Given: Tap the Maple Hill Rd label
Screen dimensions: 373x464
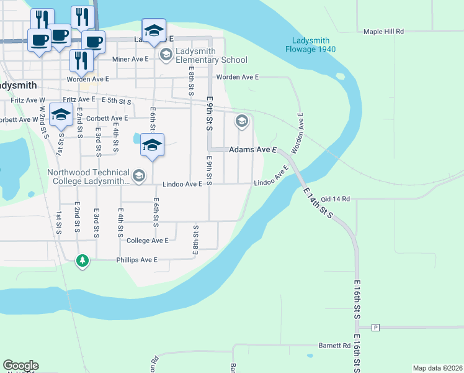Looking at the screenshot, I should tap(383, 31).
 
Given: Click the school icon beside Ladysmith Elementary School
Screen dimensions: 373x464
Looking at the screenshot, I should tap(166, 55).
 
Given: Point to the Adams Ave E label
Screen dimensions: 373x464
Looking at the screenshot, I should tap(252, 150).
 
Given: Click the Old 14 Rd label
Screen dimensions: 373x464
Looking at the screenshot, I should tap(336, 199).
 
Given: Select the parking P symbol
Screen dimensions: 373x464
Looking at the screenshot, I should tap(375, 327).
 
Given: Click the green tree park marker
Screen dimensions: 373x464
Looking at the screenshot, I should tap(82, 260).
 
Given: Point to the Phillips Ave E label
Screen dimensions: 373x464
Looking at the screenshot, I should tap(136, 259).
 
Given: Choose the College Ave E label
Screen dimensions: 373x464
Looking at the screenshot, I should tap(147, 241).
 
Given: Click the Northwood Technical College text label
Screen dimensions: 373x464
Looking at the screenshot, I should tap(89, 177).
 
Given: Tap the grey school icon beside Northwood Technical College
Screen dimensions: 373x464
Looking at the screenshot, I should tap(138, 177).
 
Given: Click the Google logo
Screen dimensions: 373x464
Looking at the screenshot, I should tap(20, 366).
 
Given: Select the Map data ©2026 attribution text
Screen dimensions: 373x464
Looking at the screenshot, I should tap(437, 368).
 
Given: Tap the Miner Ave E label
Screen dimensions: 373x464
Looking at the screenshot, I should tap(131, 60).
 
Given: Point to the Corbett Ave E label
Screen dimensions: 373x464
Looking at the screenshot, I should tap(107, 118).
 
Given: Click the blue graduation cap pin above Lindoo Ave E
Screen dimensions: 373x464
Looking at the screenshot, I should tap(152, 145).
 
